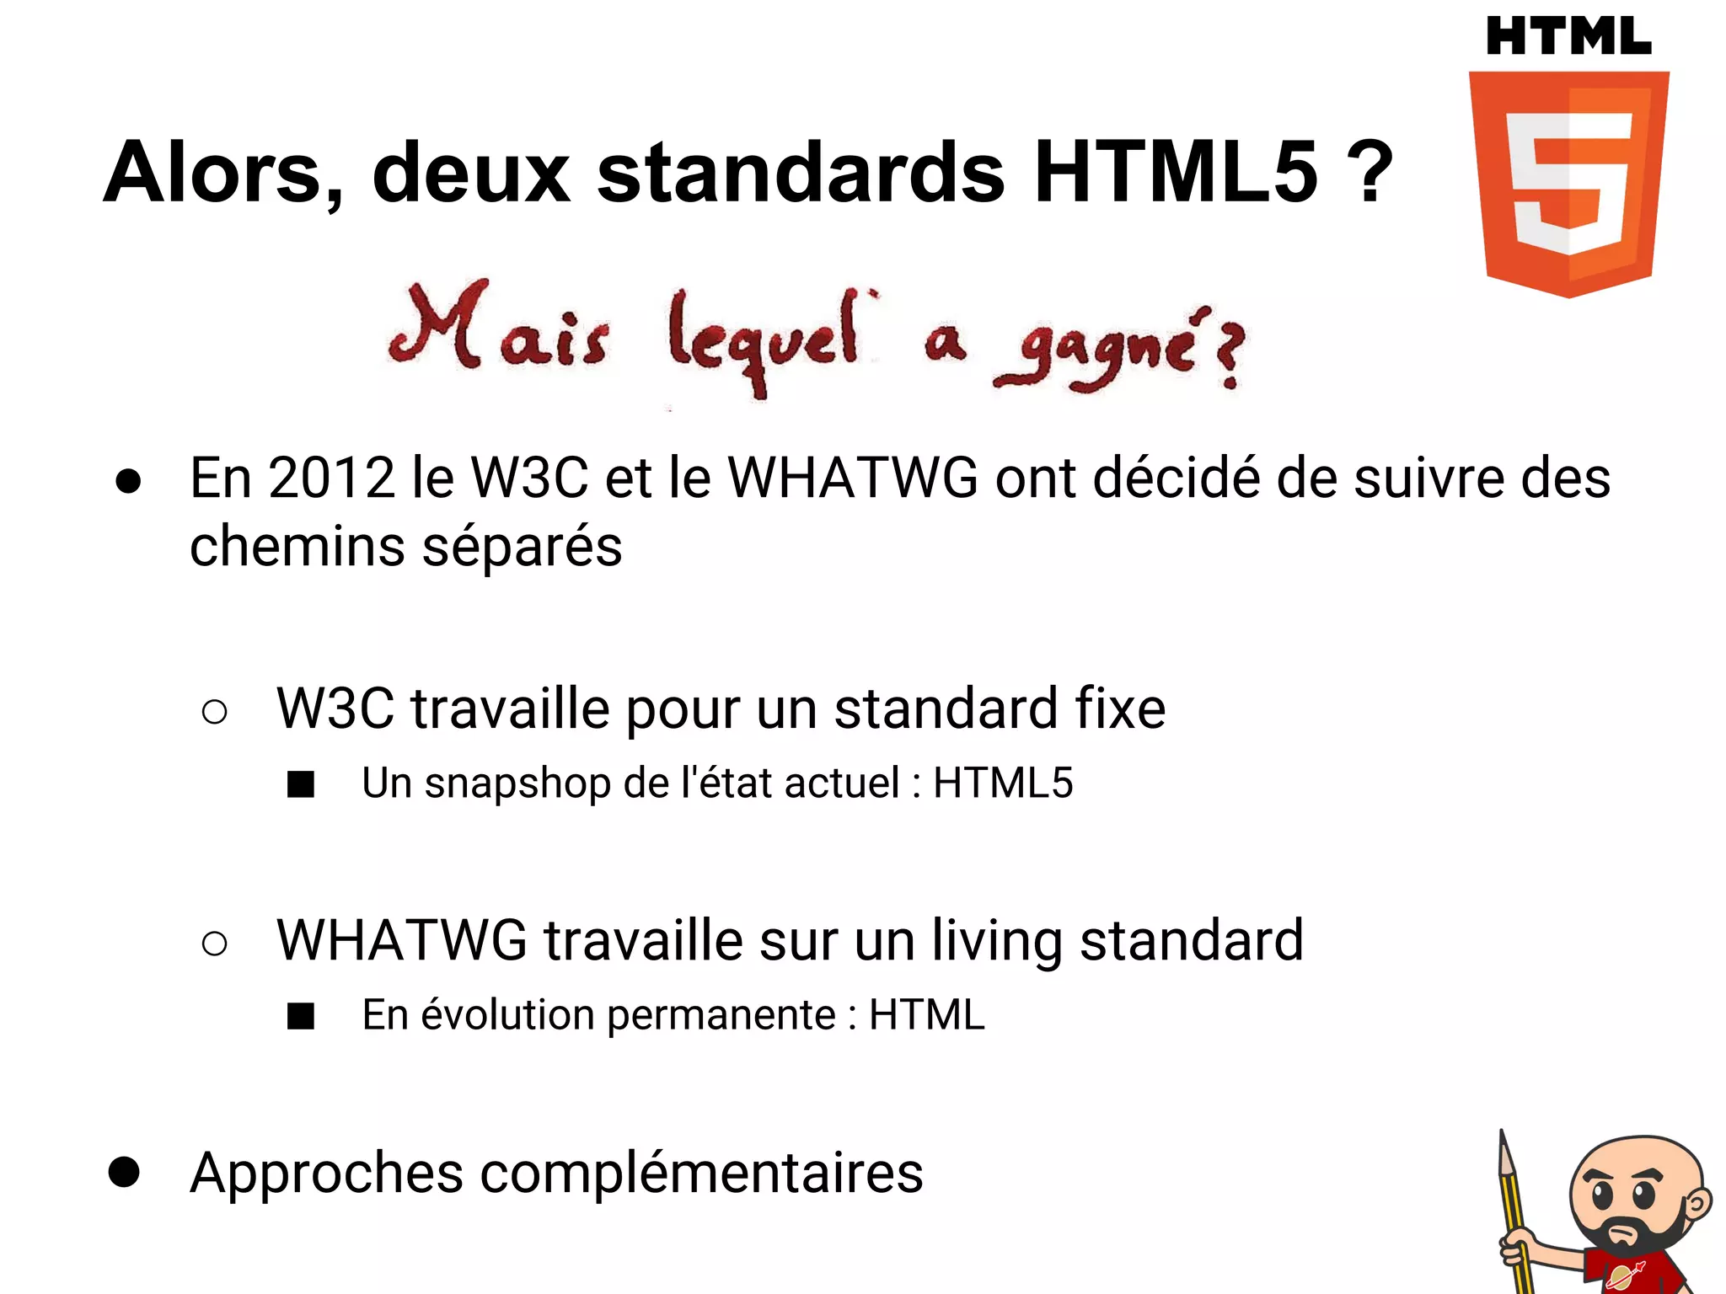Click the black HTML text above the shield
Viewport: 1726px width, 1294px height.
1568,37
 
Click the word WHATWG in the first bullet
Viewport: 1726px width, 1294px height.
853,479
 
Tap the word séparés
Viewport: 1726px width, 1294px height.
522,547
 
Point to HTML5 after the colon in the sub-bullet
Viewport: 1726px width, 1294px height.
1003,783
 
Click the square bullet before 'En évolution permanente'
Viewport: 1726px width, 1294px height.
301,1016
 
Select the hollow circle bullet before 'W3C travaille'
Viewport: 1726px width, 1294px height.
215,712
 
